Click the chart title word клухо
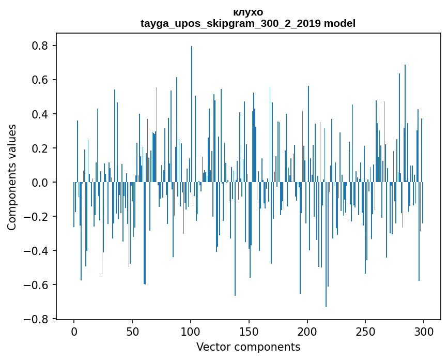[x=248, y=12]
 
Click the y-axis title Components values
[x=12, y=177]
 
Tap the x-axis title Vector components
[x=248, y=347]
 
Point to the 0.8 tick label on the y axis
[x=39, y=46]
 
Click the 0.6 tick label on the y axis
[x=39, y=80]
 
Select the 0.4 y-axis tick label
[x=39, y=114]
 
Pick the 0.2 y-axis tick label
[x=39, y=148]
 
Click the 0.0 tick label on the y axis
[x=39, y=183]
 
